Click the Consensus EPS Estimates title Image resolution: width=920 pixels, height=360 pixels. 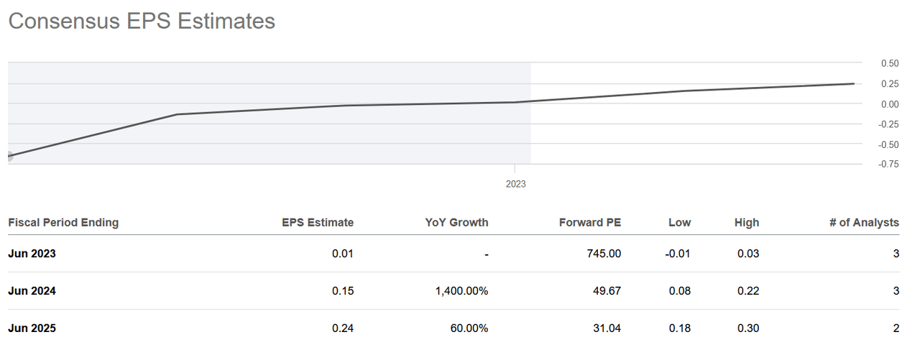(142, 21)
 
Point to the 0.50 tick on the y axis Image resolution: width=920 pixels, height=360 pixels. (890, 63)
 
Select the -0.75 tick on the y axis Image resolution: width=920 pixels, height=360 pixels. (888, 165)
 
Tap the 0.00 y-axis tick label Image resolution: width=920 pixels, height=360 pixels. (890, 104)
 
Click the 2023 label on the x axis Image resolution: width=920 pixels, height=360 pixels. (515, 184)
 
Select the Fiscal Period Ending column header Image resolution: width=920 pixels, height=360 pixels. (63, 223)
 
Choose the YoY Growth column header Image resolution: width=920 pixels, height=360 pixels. (456, 223)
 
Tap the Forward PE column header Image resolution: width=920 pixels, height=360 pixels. (589, 223)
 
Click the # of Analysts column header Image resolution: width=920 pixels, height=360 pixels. (864, 223)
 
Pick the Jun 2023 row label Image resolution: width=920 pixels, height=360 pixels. (32, 254)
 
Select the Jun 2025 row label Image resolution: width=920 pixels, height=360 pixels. (32, 328)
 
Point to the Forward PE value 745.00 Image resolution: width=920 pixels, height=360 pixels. (604, 254)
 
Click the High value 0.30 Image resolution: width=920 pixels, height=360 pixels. (747, 328)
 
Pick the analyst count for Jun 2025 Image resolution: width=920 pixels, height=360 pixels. (895, 328)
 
